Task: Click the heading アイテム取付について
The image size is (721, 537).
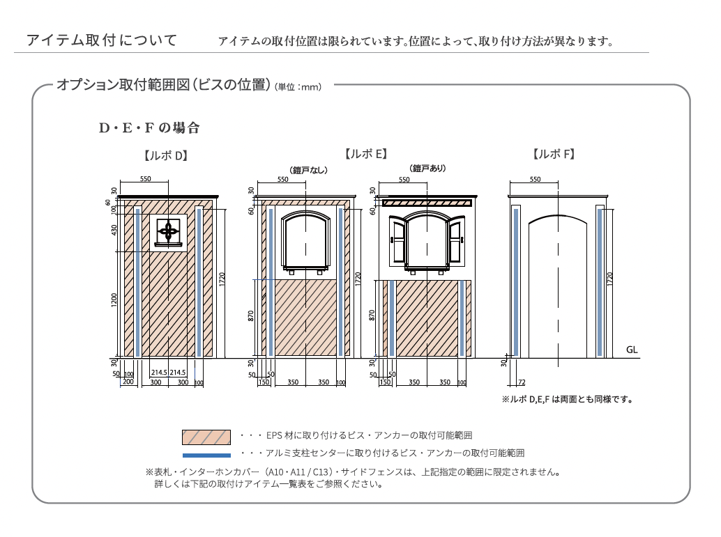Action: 101,40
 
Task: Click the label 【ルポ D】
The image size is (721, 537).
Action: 165,155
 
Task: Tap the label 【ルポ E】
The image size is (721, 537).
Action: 365,154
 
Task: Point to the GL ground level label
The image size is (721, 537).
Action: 632,350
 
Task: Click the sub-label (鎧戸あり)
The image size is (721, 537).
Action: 427,168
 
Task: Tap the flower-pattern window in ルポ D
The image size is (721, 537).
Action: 169,230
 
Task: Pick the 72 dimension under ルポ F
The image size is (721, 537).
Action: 521,382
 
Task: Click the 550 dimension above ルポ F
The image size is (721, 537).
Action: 535,180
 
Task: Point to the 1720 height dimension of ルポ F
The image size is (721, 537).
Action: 610,279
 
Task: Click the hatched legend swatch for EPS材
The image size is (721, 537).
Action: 206,437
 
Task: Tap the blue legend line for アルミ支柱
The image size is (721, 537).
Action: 206,455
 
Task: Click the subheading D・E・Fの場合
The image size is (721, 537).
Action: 149,128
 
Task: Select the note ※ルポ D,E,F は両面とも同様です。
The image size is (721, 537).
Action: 567,400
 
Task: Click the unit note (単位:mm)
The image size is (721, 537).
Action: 298,87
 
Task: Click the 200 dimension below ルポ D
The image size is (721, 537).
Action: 128,382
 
